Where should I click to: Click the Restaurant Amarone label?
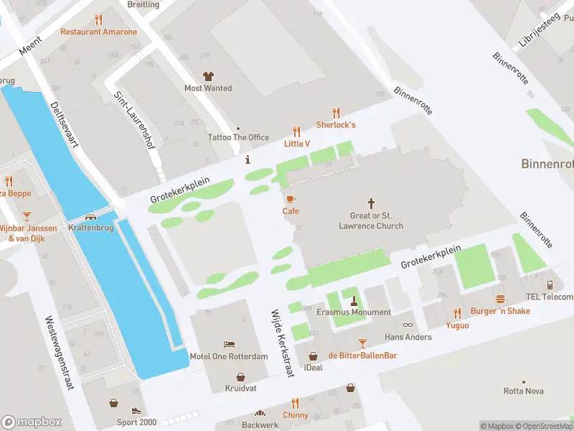click(x=98, y=32)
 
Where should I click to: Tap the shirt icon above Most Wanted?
click(x=208, y=76)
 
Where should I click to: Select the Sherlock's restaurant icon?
click(x=336, y=113)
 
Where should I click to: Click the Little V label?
click(x=297, y=144)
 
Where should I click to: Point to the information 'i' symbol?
click(x=248, y=159)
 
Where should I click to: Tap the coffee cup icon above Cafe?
click(x=291, y=199)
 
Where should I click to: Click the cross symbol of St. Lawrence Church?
click(x=371, y=204)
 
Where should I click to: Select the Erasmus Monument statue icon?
click(x=354, y=300)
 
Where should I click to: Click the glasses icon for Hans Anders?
click(x=408, y=325)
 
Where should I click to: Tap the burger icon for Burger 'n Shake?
click(x=500, y=299)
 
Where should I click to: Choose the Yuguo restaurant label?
click(x=457, y=325)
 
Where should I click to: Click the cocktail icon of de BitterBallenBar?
click(x=362, y=343)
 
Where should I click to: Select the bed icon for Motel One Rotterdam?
click(x=229, y=345)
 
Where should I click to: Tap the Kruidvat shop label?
click(x=240, y=388)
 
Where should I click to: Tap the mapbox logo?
click(x=31, y=422)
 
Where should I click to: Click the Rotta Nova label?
click(x=523, y=391)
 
